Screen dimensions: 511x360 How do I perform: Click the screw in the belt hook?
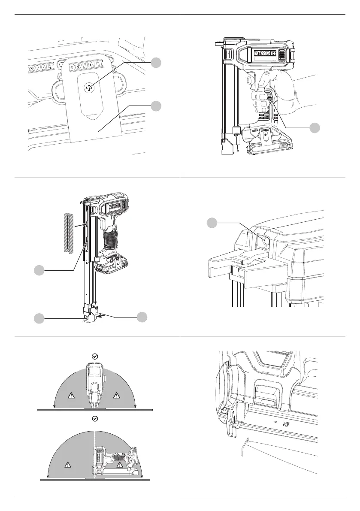[x=89, y=88]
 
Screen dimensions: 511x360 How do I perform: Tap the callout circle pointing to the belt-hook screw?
[x=157, y=63]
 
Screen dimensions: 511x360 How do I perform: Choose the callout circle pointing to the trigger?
[x=316, y=127]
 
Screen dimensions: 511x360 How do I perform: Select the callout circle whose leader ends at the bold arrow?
[x=142, y=317]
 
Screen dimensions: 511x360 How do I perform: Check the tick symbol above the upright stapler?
[x=95, y=356]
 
